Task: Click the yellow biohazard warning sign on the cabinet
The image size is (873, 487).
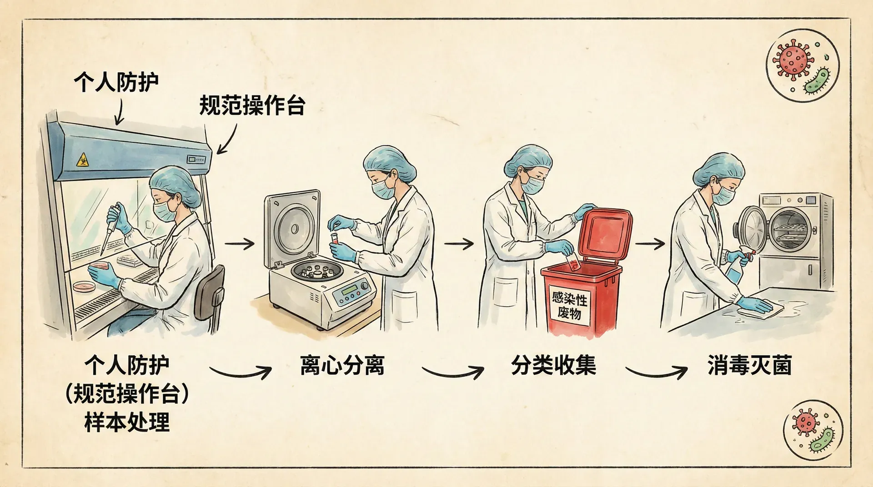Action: point(82,159)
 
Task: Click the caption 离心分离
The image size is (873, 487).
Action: point(342,365)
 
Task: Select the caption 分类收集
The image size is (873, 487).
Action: point(553,365)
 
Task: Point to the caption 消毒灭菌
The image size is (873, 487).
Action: point(749,365)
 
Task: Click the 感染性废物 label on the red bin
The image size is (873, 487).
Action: point(569,305)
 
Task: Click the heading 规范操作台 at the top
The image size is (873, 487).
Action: point(252,105)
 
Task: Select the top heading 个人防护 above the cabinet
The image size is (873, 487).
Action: point(116,82)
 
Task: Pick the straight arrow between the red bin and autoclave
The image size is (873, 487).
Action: point(650,244)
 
